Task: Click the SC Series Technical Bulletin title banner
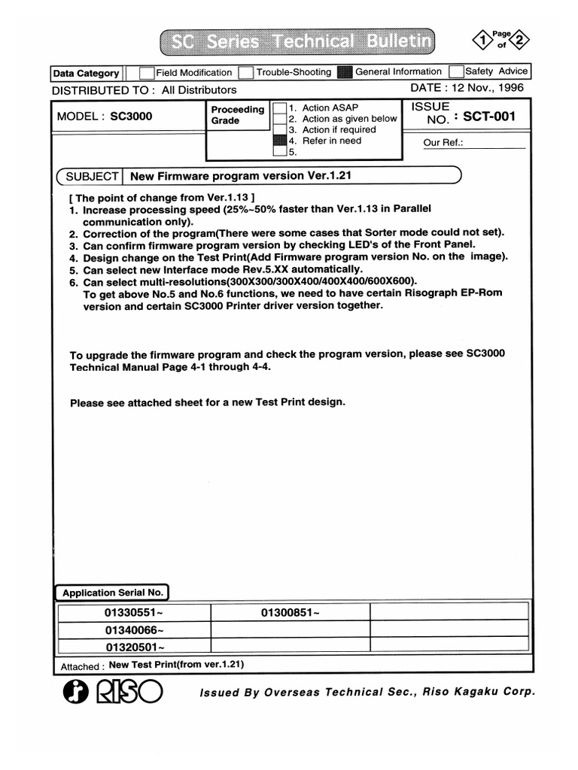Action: click(x=299, y=42)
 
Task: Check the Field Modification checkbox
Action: click(x=148, y=73)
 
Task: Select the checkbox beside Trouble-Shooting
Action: click(x=245, y=73)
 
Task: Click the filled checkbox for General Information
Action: click(x=345, y=73)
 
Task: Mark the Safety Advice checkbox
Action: click(x=455, y=72)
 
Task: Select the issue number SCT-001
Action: click(x=489, y=117)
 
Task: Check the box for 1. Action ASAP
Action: click(x=280, y=108)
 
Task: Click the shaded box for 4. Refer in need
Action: click(x=280, y=141)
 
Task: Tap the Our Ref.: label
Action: click(x=443, y=143)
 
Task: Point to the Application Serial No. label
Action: click(x=113, y=593)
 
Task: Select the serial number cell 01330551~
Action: click(x=134, y=613)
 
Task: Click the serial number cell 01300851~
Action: click(x=291, y=613)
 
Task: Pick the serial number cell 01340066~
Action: click(x=134, y=630)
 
